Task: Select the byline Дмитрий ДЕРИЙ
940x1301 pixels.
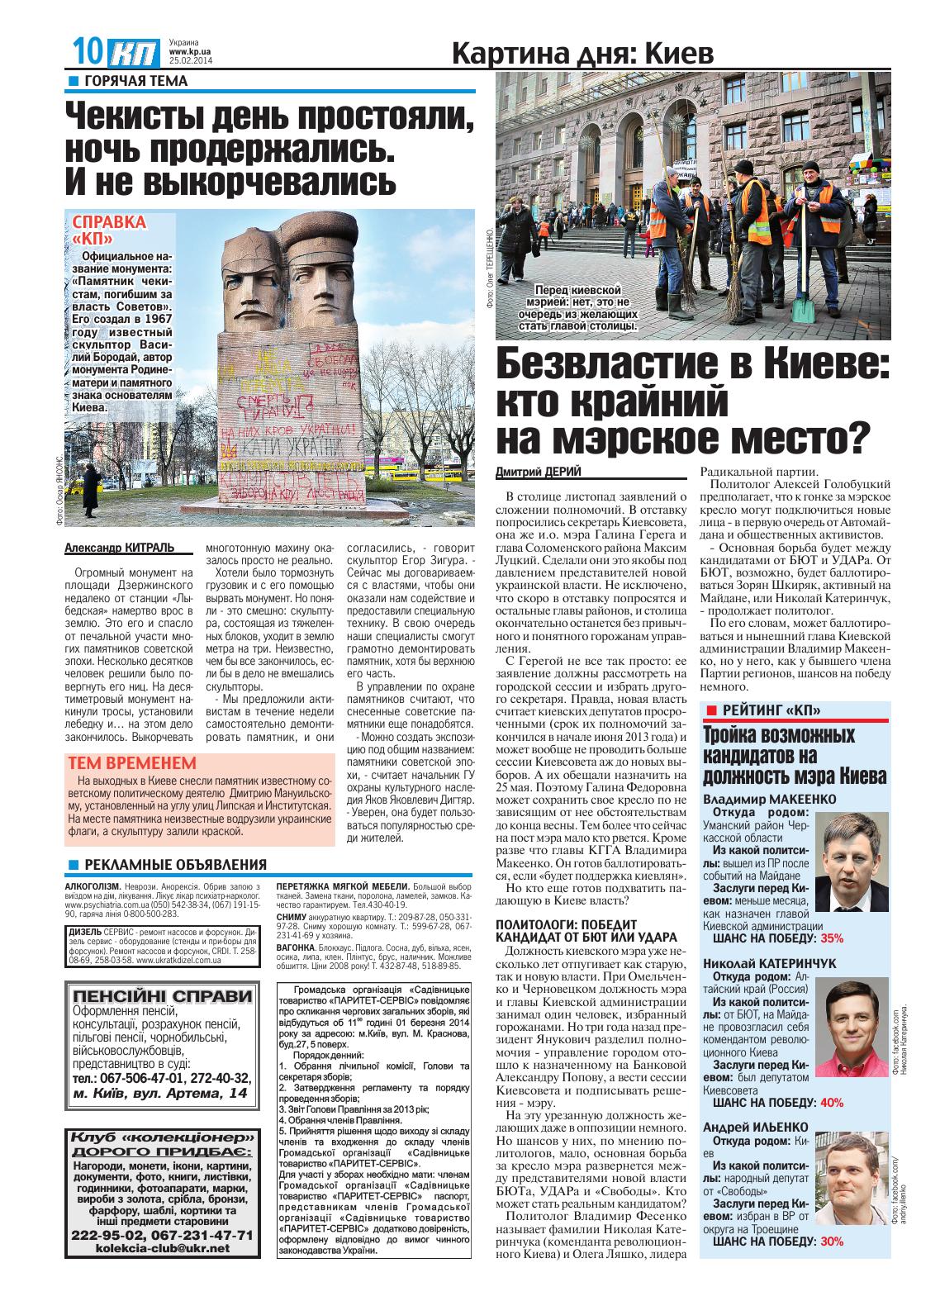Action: click(539, 471)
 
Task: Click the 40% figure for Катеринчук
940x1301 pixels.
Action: click(832, 1102)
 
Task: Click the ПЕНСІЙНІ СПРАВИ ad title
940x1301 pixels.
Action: click(162, 996)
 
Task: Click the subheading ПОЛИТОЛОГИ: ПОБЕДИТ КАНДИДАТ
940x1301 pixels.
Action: click(586, 930)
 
